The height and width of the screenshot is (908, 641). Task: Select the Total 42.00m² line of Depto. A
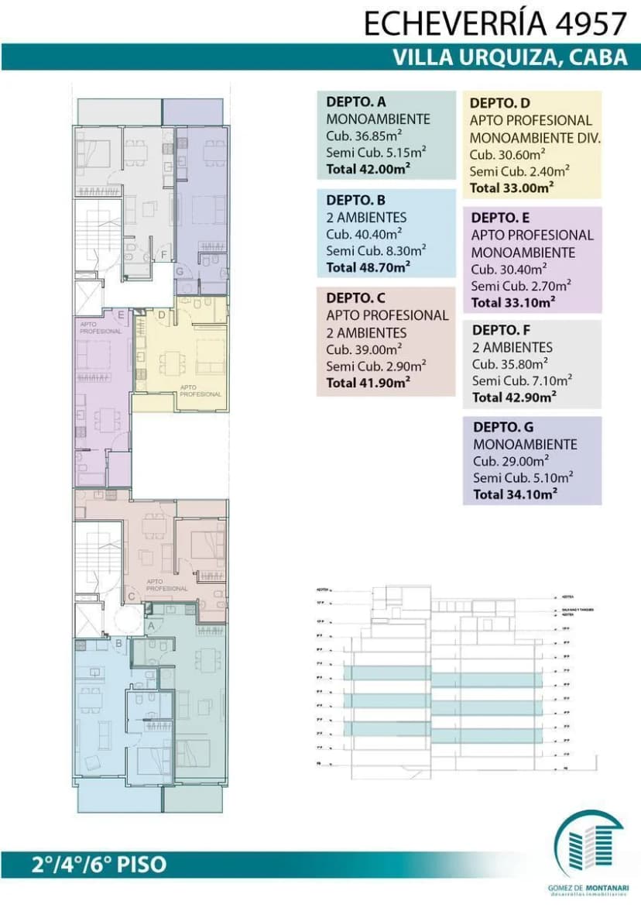368,169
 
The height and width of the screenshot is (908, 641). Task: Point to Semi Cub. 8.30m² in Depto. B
376,251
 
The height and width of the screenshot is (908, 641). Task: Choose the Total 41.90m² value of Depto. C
368,383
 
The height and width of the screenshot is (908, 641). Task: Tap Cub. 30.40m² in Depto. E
513,270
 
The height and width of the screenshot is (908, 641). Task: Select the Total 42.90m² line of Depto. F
514,397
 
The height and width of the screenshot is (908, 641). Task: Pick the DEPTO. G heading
503,427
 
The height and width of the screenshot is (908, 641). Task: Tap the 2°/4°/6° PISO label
99,864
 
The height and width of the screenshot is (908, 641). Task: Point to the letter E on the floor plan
121,315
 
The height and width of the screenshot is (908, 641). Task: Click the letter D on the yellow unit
161,315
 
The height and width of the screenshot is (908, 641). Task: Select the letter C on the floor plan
132,596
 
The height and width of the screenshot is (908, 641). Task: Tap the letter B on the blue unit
119,641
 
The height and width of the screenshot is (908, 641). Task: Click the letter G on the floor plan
179,271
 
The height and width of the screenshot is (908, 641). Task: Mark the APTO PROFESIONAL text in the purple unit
101,328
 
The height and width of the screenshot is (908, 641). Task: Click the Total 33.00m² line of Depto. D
512,187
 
